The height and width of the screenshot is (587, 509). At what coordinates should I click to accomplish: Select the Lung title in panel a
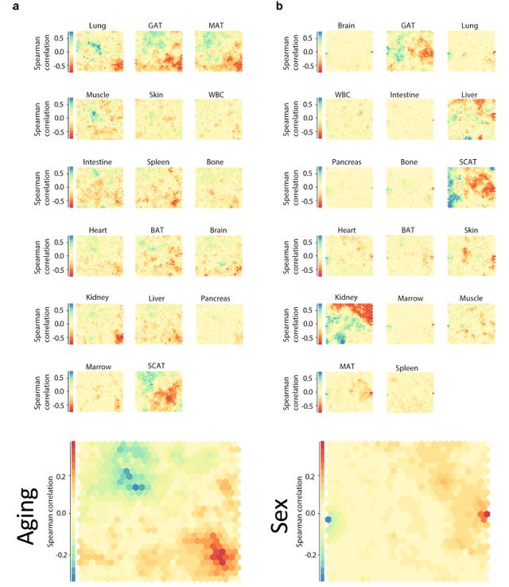tap(99, 26)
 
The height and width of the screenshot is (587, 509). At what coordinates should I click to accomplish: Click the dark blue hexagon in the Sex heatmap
tap(328, 519)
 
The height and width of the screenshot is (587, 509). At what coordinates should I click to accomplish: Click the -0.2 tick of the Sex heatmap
tap(314, 550)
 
